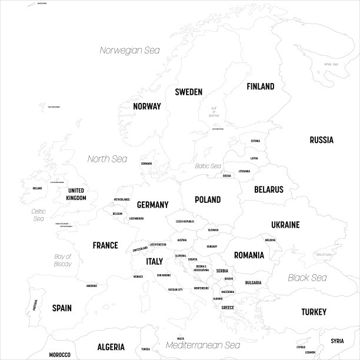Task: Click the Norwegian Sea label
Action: click(129, 50)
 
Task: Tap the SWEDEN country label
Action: click(188, 92)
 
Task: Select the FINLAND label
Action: click(260, 86)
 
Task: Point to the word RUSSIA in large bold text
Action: click(321, 140)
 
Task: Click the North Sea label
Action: click(107, 159)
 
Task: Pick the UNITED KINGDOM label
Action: click(76, 194)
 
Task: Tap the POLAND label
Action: click(208, 200)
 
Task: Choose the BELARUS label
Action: click(269, 189)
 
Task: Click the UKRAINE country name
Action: click(285, 225)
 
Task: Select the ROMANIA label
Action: click(249, 255)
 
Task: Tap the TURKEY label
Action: click(314, 312)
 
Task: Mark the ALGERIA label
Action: click(111, 347)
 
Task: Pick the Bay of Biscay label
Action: click(62, 260)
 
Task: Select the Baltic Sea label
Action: click(208, 166)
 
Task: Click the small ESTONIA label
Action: click(255, 141)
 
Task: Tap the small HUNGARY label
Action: click(212, 246)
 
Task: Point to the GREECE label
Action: click(228, 308)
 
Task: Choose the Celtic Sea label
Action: click(39, 215)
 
